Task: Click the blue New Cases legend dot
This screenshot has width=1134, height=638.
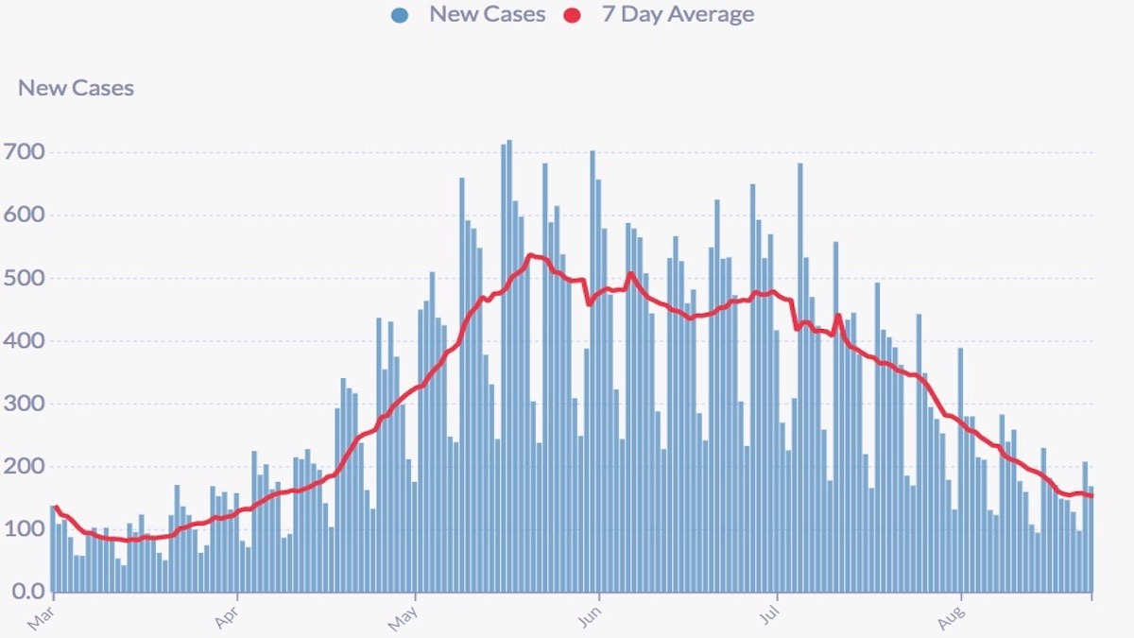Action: pyautogui.click(x=400, y=15)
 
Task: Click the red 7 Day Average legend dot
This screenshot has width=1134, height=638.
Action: pyautogui.click(x=571, y=15)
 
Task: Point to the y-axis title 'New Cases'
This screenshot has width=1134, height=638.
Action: pyautogui.click(x=77, y=88)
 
